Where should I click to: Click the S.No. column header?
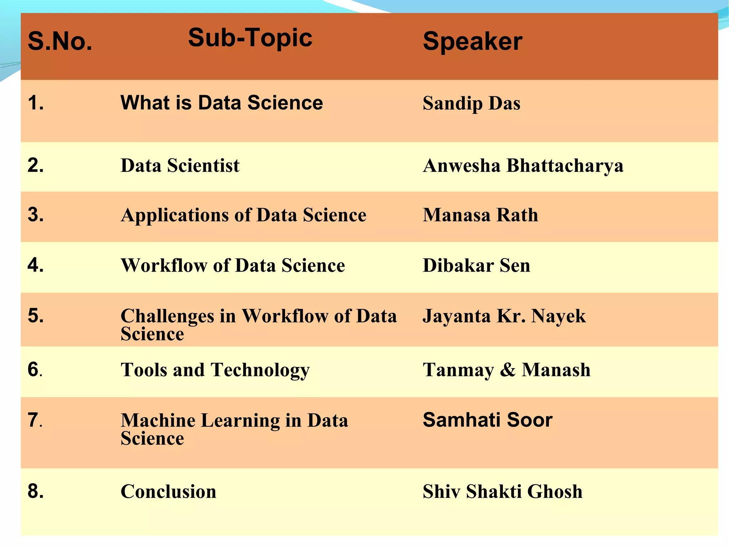60,41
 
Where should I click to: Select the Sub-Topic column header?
250,38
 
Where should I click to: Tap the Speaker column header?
472,41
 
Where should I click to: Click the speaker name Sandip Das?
471,103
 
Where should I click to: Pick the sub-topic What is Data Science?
221,103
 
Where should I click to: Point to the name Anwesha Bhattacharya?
523,166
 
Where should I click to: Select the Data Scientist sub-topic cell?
180,166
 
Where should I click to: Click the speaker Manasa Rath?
480,215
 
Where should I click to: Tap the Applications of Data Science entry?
243,215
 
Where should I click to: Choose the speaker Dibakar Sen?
476,265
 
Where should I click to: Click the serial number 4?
36,265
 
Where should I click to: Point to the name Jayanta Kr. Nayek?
504,316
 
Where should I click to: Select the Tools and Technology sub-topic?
215,370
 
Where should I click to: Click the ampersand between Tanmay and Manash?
508,370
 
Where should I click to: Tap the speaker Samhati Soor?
487,420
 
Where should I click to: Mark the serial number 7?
35,420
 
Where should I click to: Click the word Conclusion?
168,492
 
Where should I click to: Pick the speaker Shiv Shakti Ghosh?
502,492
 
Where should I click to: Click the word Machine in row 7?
158,420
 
